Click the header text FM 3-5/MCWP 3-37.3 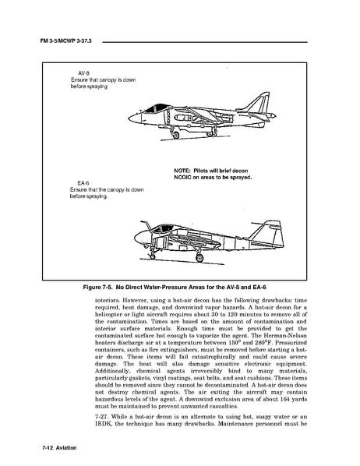[x=65, y=41]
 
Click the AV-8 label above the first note [x=83, y=73]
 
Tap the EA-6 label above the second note [x=83, y=183]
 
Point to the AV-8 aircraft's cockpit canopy [x=157, y=108]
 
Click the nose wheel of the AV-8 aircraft [x=175, y=135]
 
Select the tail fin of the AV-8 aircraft [x=258, y=103]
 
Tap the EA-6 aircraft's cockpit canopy [x=162, y=228]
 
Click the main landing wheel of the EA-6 [x=199, y=258]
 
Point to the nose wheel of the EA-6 [x=153, y=256]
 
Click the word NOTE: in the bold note [x=182, y=171]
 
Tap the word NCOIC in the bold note [x=182, y=178]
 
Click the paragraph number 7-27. [x=101, y=417]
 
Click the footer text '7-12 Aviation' [x=59, y=447]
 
